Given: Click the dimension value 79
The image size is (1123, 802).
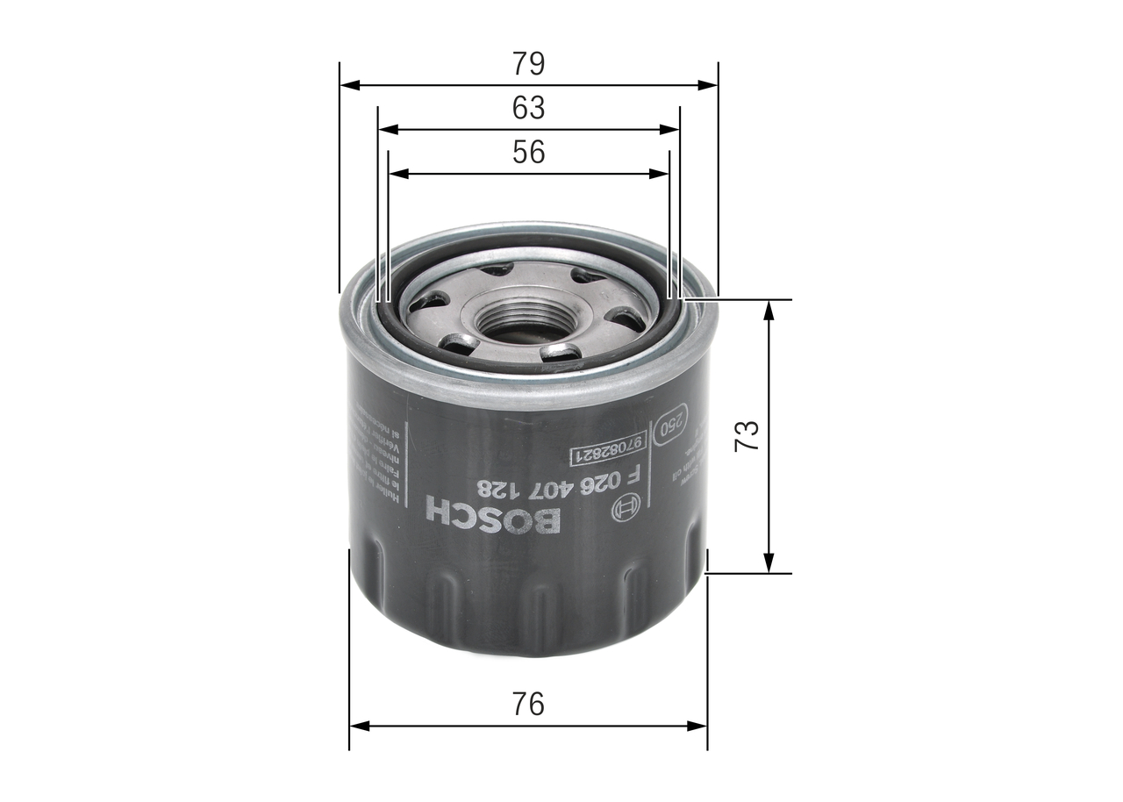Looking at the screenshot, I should click(528, 64).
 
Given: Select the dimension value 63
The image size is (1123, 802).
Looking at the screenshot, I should click(528, 108).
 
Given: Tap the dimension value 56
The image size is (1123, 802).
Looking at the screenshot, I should click(528, 153).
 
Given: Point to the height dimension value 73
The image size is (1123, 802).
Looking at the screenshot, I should click(747, 436).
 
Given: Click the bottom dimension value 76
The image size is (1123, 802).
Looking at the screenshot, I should click(528, 704).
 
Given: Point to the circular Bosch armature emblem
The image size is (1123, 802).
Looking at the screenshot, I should click(626, 509).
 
